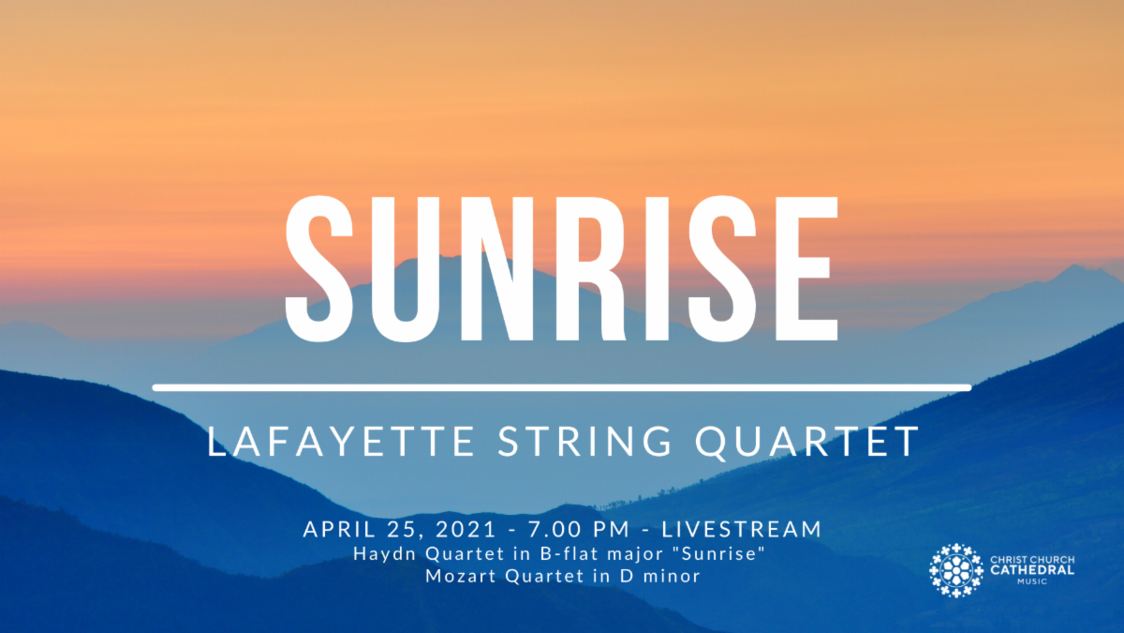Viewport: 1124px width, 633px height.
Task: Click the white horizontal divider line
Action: [x=562, y=386]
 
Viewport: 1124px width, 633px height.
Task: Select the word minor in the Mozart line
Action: [x=674, y=576]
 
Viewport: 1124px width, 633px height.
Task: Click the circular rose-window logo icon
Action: [x=956, y=570]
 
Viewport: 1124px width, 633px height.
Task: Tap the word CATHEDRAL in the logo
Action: [x=1033, y=570]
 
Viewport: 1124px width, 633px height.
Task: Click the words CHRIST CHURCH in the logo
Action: [x=1033, y=560]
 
